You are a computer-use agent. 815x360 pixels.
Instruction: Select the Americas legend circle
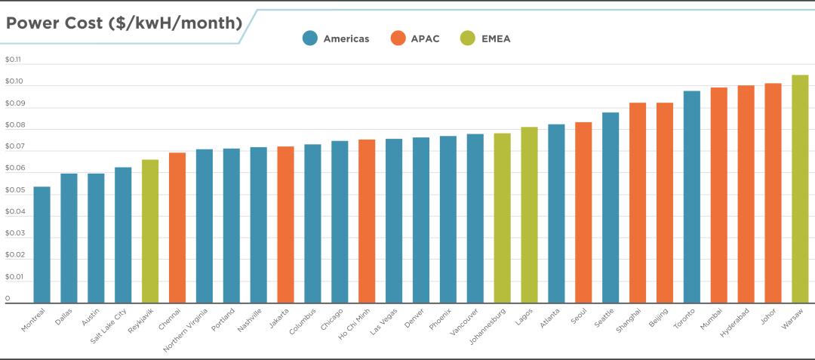[309, 38]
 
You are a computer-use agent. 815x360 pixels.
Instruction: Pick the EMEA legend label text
[496, 38]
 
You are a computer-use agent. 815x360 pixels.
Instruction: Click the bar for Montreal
[42, 245]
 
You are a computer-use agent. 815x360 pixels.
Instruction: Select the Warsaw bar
[800, 189]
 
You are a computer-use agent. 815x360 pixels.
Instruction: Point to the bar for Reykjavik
[150, 231]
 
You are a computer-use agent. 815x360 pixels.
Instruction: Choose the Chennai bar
[177, 227]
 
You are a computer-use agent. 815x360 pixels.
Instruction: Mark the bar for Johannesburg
[502, 218]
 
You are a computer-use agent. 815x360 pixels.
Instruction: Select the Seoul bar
[583, 212]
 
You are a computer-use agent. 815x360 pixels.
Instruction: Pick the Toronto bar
[691, 196]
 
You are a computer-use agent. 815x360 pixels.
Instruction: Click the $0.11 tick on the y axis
[14, 60]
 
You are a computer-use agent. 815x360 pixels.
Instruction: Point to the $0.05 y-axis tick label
[14, 190]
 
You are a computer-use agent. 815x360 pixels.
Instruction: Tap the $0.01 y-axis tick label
[14, 277]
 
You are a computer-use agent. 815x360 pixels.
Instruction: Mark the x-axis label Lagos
[525, 317]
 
